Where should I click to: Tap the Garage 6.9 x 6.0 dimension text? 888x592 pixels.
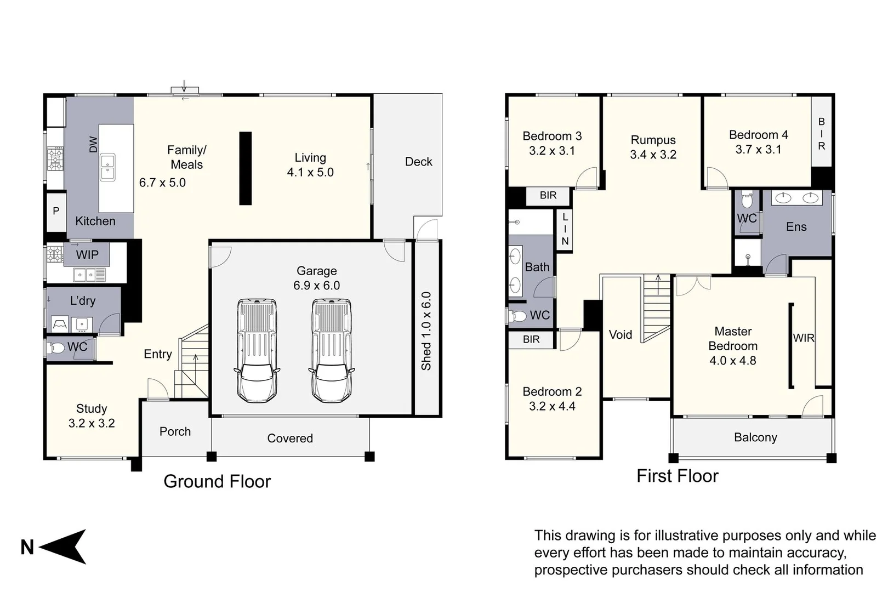pyautogui.click(x=317, y=286)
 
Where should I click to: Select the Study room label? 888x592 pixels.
pyautogui.click(x=92, y=408)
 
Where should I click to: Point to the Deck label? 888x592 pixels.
pyautogui.click(x=419, y=162)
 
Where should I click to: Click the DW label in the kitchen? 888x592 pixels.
pyautogui.click(x=93, y=144)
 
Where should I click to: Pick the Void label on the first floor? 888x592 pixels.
pyautogui.click(x=621, y=335)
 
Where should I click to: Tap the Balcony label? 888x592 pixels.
pyautogui.click(x=755, y=437)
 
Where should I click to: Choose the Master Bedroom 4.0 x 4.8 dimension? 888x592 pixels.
pyautogui.click(x=733, y=361)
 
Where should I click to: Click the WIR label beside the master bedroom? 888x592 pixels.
pyautogui.click(x=804, y=338)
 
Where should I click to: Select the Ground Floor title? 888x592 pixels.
pyautogui.click(x=217, y=481)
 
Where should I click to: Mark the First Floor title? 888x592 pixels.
pyautogui.click(x=678, y=476)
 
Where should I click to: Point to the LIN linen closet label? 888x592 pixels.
pyautogui.click(x=565, y=229)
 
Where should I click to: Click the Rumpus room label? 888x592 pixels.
pyautogui.click(x=653, y=140)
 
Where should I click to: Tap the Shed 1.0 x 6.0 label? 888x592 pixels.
pyautogui.click(x=426, y=331)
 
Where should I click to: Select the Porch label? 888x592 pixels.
pyautogui.click(x=175, y=431)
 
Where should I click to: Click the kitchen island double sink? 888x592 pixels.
pyautogui.click(x=107, y=167)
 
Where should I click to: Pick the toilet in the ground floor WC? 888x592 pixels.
pyautogui.click(x=55, y=348)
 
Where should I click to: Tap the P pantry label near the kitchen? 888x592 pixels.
pyautogui.click(x=56, y=211)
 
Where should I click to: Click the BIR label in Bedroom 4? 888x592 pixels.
pyautogui.click(x=822, y=134)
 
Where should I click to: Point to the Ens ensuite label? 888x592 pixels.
pyautogui.click(x=796, y=227)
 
